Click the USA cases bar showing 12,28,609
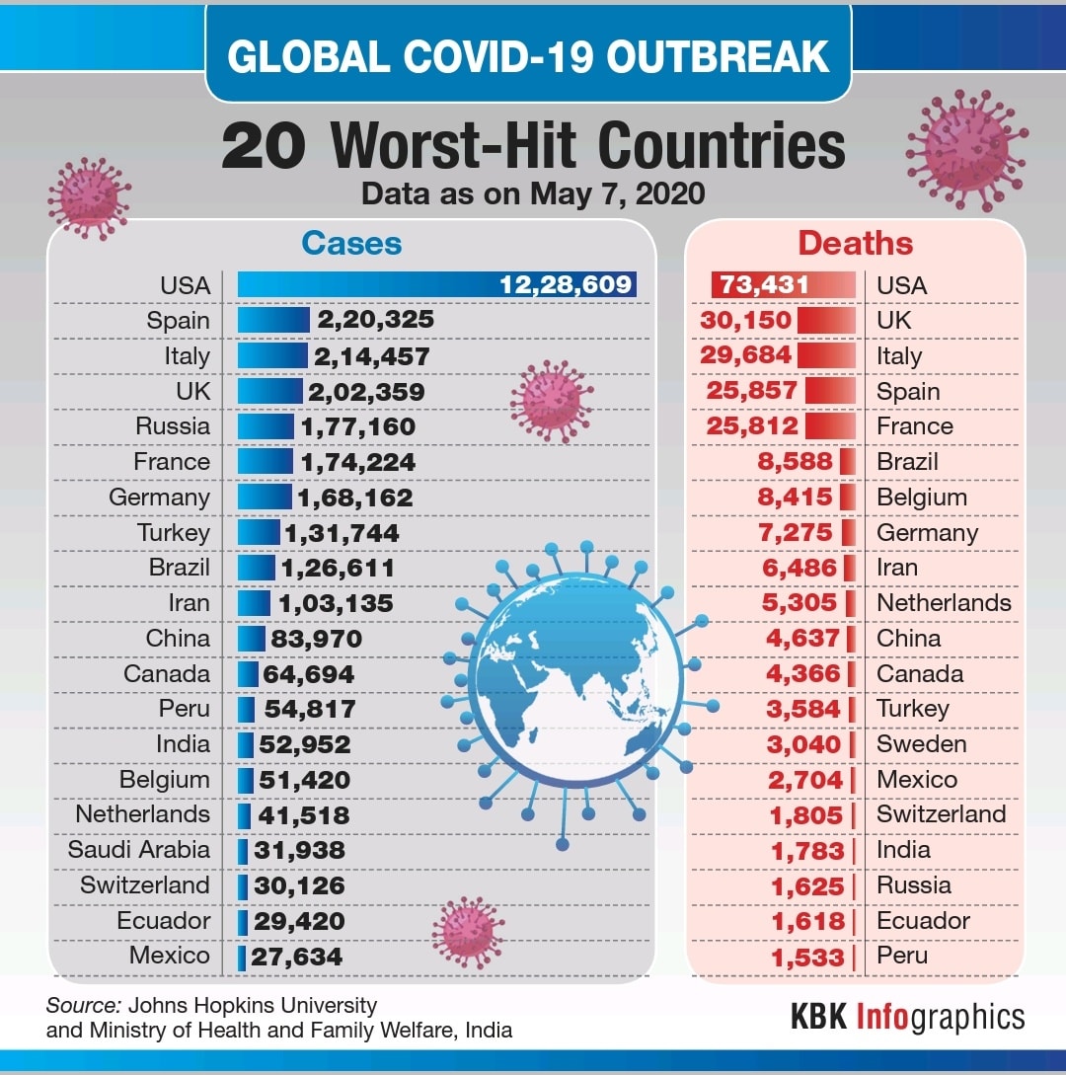(x=436, y=284)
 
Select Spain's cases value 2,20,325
(x=375, y=320)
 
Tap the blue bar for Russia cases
(x=266, y=426)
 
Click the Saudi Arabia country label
(x=138, y=850)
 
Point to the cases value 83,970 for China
(x=316, y=639)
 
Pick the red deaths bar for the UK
(x=827, y=320)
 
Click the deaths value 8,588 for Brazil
(x=795, y=461)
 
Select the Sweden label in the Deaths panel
(x=921, y=744)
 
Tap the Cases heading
(x=351, y=244)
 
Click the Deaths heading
(x=856, y=244)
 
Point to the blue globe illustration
(x=577, y=679)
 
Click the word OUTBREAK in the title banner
(x=718, y=56)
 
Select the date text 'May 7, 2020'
(x=617, y=194)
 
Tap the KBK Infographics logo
(x=908, y=1017)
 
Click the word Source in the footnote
(x=84, y=1005)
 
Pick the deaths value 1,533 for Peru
(x=807, y=958)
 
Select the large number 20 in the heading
(x=264, y=147)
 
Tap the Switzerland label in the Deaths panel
(x=942, y=813)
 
